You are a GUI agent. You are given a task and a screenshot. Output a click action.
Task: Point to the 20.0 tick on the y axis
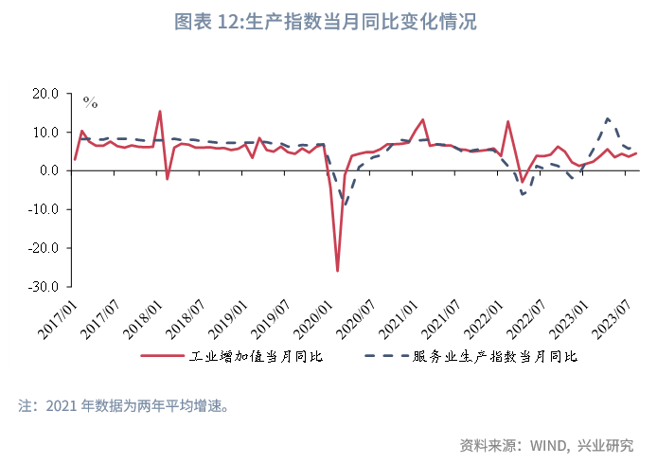pyautogui.click(x=45, y=94)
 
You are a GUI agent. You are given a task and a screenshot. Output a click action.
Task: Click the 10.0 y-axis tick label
pyautogui.click(x=45, y=133)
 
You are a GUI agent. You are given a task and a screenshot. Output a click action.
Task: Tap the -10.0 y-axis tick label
pyautogui.click(x=44, y=209)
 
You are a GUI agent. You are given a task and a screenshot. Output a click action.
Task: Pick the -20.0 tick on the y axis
pyautogui.click(x=44, y=248)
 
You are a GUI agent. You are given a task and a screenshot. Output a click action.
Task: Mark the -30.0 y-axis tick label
pyautogui.click(x=44, y=286)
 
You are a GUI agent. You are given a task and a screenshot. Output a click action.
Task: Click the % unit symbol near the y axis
pyautogui.click(x=90, y=101)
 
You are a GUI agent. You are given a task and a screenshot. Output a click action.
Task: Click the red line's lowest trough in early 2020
pyautogui.click(x=338, y=272)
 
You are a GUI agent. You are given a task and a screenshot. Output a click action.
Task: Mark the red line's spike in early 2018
pyautogui.click(x=160, y=112)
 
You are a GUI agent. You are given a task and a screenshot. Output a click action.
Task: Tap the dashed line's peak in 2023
pyautogui.click(x=608, y=118)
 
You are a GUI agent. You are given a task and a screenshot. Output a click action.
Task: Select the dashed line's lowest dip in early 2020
pyautogui.click(x=345, y=205)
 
